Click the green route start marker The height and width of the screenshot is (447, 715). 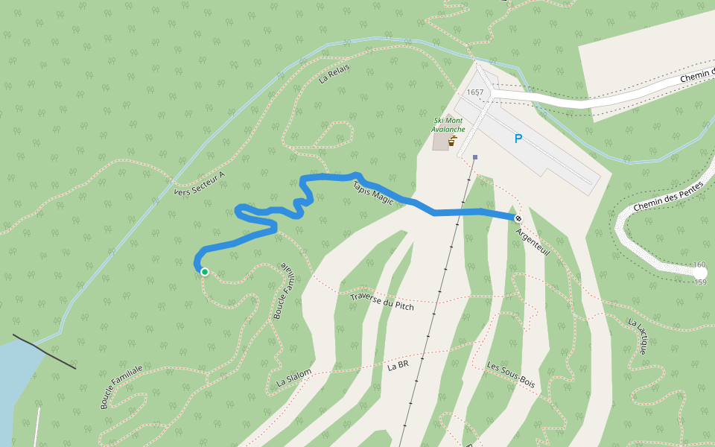tap(204, 272)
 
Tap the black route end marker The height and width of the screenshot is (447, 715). tap(518, 218)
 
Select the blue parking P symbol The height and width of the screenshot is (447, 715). tap(518, 139)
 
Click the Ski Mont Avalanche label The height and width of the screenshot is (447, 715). tap(448, 124)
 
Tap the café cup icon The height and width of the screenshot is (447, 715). tap(452, 141)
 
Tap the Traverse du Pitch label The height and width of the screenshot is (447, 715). tap(381, 301)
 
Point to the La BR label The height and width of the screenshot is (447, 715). tap(398, 367)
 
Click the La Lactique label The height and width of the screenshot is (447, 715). tap(638, 335)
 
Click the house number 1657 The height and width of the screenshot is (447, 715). tap(474, 92)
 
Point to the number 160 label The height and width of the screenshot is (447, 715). tap(699, 265)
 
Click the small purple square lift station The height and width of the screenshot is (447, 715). tap(474, 157)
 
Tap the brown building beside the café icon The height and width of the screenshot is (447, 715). tap(441, 142)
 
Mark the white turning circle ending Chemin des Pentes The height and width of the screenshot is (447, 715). tap(700, 273)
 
